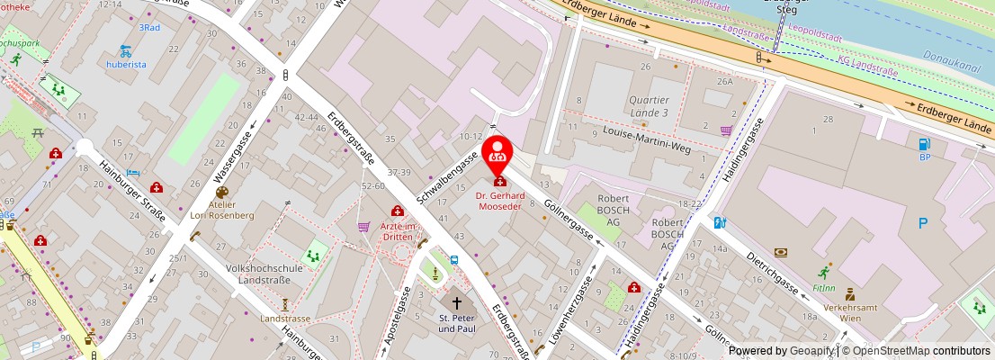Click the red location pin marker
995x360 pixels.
pyautogui.click(x=497, y=155)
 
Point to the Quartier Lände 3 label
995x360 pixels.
pyautogui.click(x=649, y=106)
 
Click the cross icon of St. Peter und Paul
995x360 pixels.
pyautogui.click(x=457, y=303)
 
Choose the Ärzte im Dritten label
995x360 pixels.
pyautogui.click(x=397, y=230)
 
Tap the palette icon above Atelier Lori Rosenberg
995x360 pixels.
pyautogui.click(x=221, y=192)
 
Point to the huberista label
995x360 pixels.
pyautogui.click(x=126, y=65)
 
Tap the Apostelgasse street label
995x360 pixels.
pyautogui.click(x=399, y=323)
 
